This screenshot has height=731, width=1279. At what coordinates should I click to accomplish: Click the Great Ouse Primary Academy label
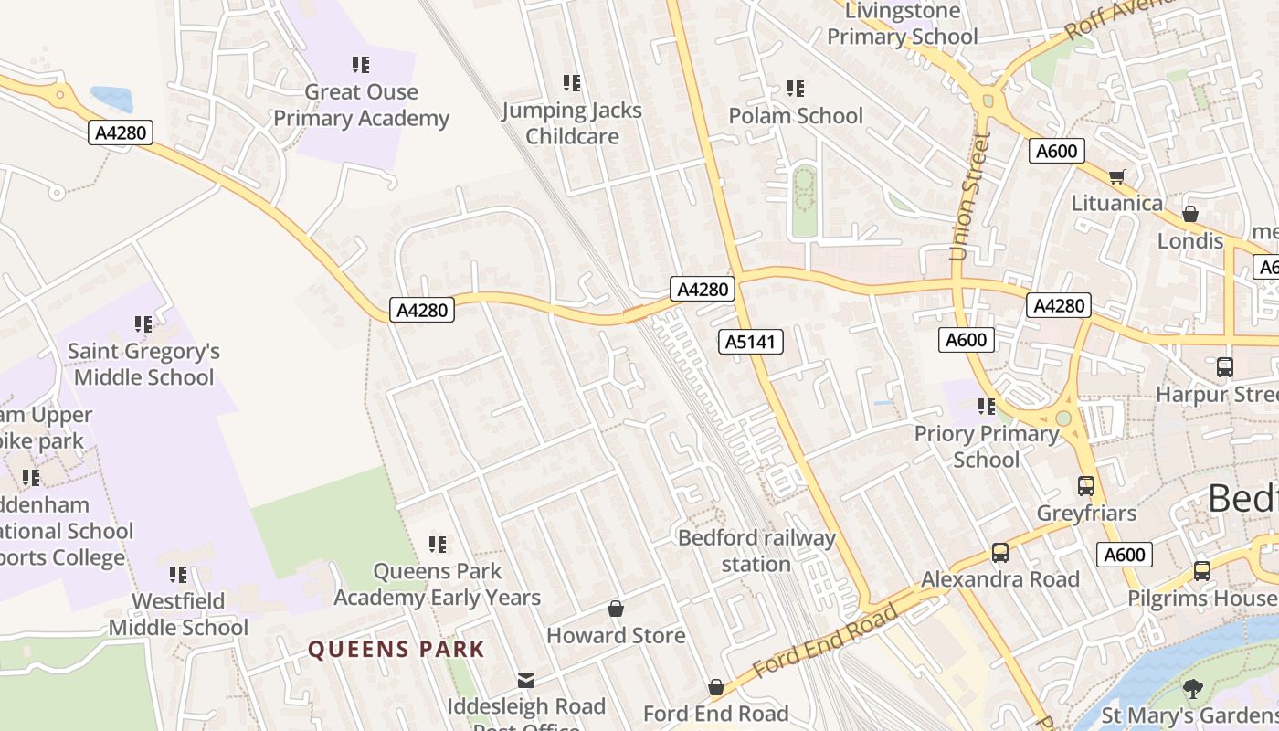click(361, 105)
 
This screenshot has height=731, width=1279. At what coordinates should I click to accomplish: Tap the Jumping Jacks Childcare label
click(572, 123)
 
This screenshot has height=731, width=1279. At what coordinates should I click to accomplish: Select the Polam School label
click(795, 116)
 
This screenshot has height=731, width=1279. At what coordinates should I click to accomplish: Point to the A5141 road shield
click(750, 342)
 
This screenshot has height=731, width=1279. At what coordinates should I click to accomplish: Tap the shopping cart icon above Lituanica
click(1116, 176)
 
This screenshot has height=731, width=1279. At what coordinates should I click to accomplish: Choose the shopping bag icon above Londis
click(1189, 214)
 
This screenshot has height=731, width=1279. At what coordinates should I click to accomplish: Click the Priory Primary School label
click(986, 446)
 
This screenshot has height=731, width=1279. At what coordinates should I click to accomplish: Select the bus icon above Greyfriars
click(1086, 486)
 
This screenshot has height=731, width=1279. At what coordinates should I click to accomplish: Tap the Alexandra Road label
click(999, 579)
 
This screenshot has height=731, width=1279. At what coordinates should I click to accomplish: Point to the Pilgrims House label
click(1201, 599)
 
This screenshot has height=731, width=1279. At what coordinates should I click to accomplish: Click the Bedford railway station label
click(756, 551)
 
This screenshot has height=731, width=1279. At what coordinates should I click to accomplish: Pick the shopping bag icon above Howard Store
click(616, 609)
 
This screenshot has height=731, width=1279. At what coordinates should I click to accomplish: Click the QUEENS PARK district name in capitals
click(396, 650)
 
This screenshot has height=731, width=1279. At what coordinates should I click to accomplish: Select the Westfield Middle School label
click(178, 614)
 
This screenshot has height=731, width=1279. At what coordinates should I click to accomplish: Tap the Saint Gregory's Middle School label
click(143, 364)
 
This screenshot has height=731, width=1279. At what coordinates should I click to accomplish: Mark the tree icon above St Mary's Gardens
click(1191, 688)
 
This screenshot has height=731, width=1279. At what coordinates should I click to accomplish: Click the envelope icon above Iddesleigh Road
click(526, 680)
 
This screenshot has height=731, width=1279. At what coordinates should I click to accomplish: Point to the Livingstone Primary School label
click(903, 25)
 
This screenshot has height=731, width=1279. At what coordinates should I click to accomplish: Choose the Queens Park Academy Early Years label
click(438, 584)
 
